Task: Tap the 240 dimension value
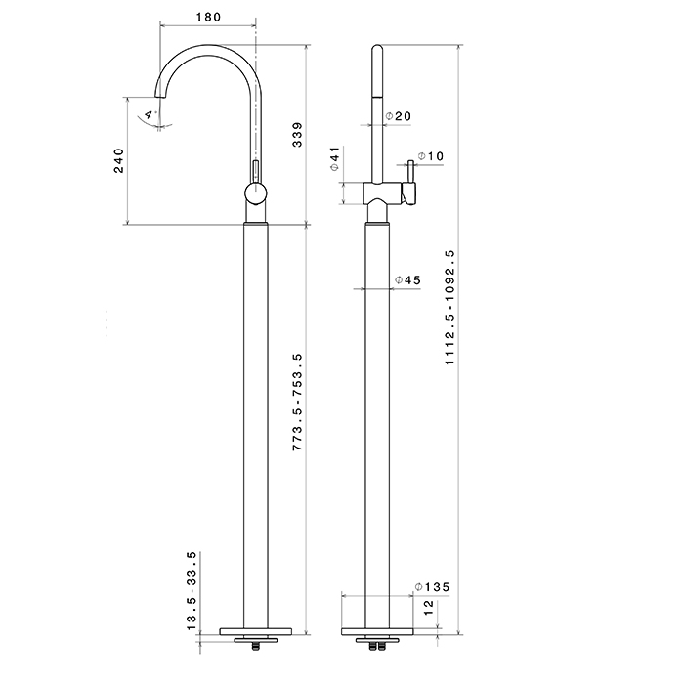coord(119,161)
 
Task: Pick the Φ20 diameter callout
coord(398,116)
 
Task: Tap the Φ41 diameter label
coord(333,160)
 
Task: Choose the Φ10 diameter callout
coord(430,156)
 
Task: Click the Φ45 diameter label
coord(406,280)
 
